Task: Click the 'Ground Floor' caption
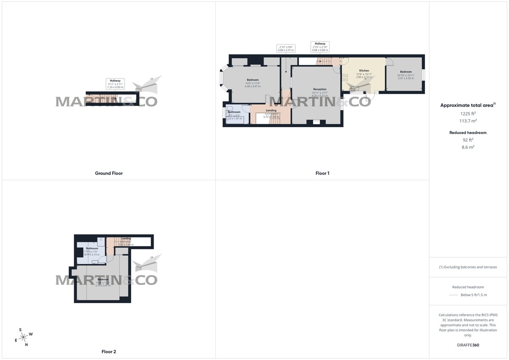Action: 109,173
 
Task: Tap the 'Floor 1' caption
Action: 322,173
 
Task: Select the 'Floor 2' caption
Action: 109,352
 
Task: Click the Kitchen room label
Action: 364,71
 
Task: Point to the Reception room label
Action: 319,89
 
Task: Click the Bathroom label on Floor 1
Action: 234,112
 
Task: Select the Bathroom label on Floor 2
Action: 92,248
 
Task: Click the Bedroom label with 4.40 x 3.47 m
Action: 253,80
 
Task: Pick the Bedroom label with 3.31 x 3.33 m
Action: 406,72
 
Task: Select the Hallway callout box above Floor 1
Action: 320,47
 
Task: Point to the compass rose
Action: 24,336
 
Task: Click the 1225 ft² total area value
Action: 469,114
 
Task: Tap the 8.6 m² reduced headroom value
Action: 469,147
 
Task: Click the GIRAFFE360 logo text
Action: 469,345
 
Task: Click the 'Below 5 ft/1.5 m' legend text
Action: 474,295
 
